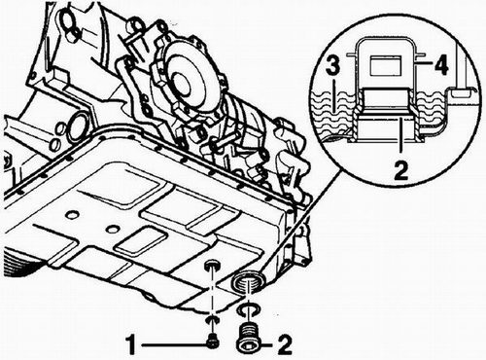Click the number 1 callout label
131,344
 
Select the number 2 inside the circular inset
401,170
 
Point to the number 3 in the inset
332,66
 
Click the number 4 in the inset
441,65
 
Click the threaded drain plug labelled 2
248,339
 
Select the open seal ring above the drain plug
248,309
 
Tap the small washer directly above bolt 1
213,320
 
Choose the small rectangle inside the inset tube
386,64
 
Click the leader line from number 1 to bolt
173,344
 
